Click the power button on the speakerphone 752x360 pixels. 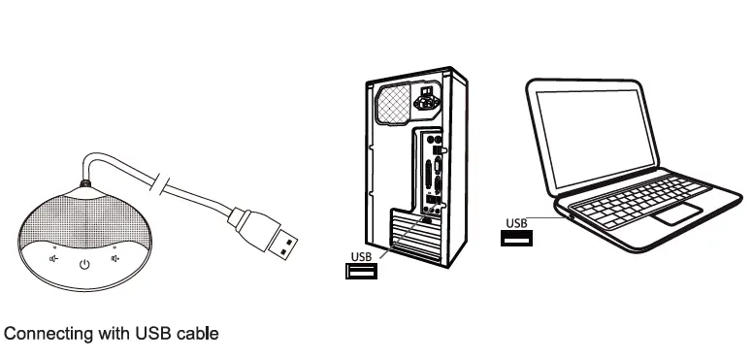tap(84, 263)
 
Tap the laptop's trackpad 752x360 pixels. tap(676, 213)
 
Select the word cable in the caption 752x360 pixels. tap(198, 334)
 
